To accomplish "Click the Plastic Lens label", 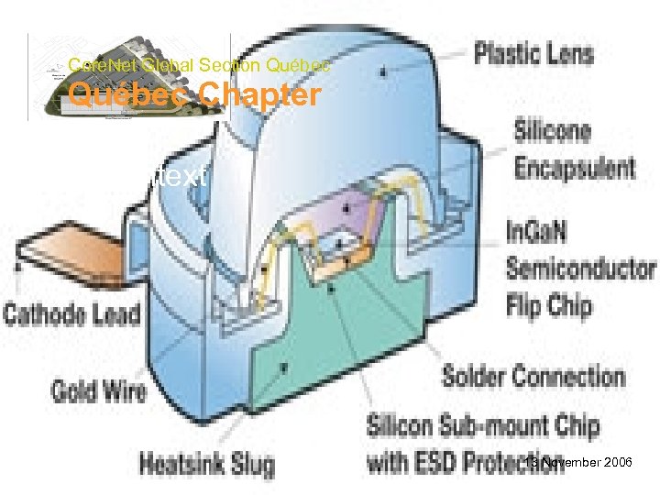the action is (x=533, y=53).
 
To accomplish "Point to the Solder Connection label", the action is (x=533, y=376).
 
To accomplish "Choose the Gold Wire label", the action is (x=99, y=391).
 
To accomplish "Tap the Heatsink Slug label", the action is (x=206, y=464).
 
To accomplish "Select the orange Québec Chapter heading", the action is (x=194, y=94).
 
